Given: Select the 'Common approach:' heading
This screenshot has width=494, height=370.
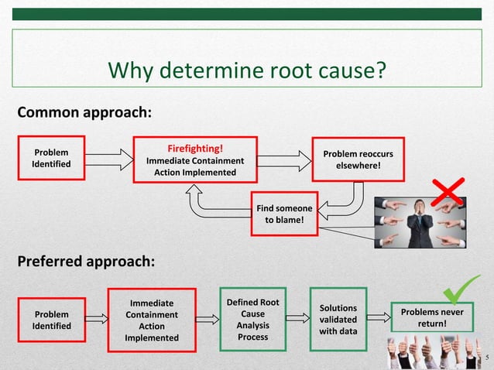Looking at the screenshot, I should (84, 112).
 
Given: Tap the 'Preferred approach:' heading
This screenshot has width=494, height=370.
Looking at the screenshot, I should (86, 260).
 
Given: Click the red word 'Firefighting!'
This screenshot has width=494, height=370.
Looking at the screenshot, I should (195, 148).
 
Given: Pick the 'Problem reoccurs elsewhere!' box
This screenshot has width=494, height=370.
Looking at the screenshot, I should (358, 159).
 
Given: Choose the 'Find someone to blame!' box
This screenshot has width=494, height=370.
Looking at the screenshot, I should (284, 214).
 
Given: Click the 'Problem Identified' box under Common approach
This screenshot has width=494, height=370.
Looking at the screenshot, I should (49, 159).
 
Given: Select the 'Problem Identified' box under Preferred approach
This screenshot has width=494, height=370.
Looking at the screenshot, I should (49, 320).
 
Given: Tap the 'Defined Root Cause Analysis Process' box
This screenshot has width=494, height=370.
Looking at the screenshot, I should (252, 319).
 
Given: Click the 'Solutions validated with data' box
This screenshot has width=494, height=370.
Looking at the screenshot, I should (338, 319).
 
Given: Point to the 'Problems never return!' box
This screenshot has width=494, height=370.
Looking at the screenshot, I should (431, 317).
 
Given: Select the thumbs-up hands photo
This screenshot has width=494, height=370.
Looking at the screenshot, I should (434, 353).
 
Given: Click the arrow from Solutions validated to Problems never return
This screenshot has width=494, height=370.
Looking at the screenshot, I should (377, 317).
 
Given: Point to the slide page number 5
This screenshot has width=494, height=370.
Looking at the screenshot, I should (486, 358).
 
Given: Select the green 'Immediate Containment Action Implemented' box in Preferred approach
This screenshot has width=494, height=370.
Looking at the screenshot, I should (151, 320).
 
